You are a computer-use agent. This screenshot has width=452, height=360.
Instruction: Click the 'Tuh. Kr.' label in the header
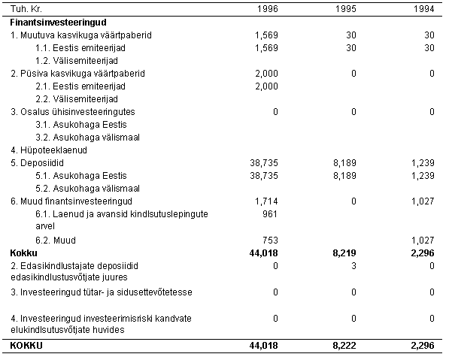point(25,10)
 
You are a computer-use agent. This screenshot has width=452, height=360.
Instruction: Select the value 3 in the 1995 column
point(354,265)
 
